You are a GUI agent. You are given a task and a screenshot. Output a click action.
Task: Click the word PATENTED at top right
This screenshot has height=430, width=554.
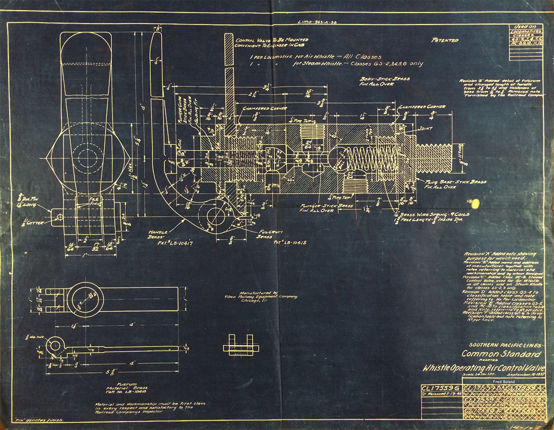coord(445,40)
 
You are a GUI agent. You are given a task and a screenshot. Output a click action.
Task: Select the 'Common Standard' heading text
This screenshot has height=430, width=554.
coord(501,354)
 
